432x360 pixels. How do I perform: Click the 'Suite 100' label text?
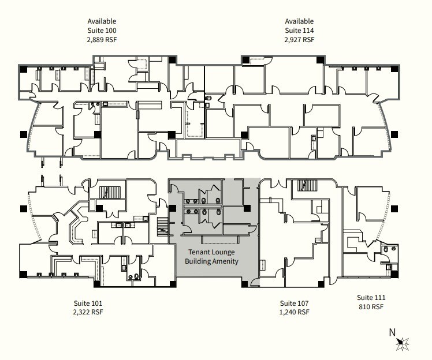pyautogui.click(x=101, y=31)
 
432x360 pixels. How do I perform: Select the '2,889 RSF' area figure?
pyautogui.click(x=101, y=40)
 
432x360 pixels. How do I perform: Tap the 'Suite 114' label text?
pyautogui.click(x=299, y=31)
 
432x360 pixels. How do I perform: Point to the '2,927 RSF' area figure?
pyautogui.click(x=299, y=40)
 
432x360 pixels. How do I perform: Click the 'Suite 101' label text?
pyautogui.click(x=88, y=303)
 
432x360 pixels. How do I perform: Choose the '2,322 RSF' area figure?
pyautogui.click(x=88, y=312)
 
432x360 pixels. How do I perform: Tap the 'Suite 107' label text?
pyautogui.click(x=295, y=303)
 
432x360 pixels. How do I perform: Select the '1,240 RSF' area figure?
pyautogui.click(x=295, y=312)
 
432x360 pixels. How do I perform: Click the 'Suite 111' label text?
pyautogui.click(x=370, y=298)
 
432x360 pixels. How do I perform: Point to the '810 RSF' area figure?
pyautogui.click(x=370, y=307)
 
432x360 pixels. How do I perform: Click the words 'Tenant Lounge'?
pyautogui.click(x=211, y=253)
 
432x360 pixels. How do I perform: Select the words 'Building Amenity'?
pyautogui.click(x=211, y=262)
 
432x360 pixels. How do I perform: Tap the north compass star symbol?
pyautogui.click(x=404, y=343)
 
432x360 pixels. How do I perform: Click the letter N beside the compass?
pyautogui.click(x=392, y=332)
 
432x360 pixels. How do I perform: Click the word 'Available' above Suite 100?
pyautogui.click(x=101, y=21)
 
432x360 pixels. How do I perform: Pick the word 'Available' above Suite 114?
pyautogui.click(x=299, y=21)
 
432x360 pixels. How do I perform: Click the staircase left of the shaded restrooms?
pyautogui.click(x=162, y=226)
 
